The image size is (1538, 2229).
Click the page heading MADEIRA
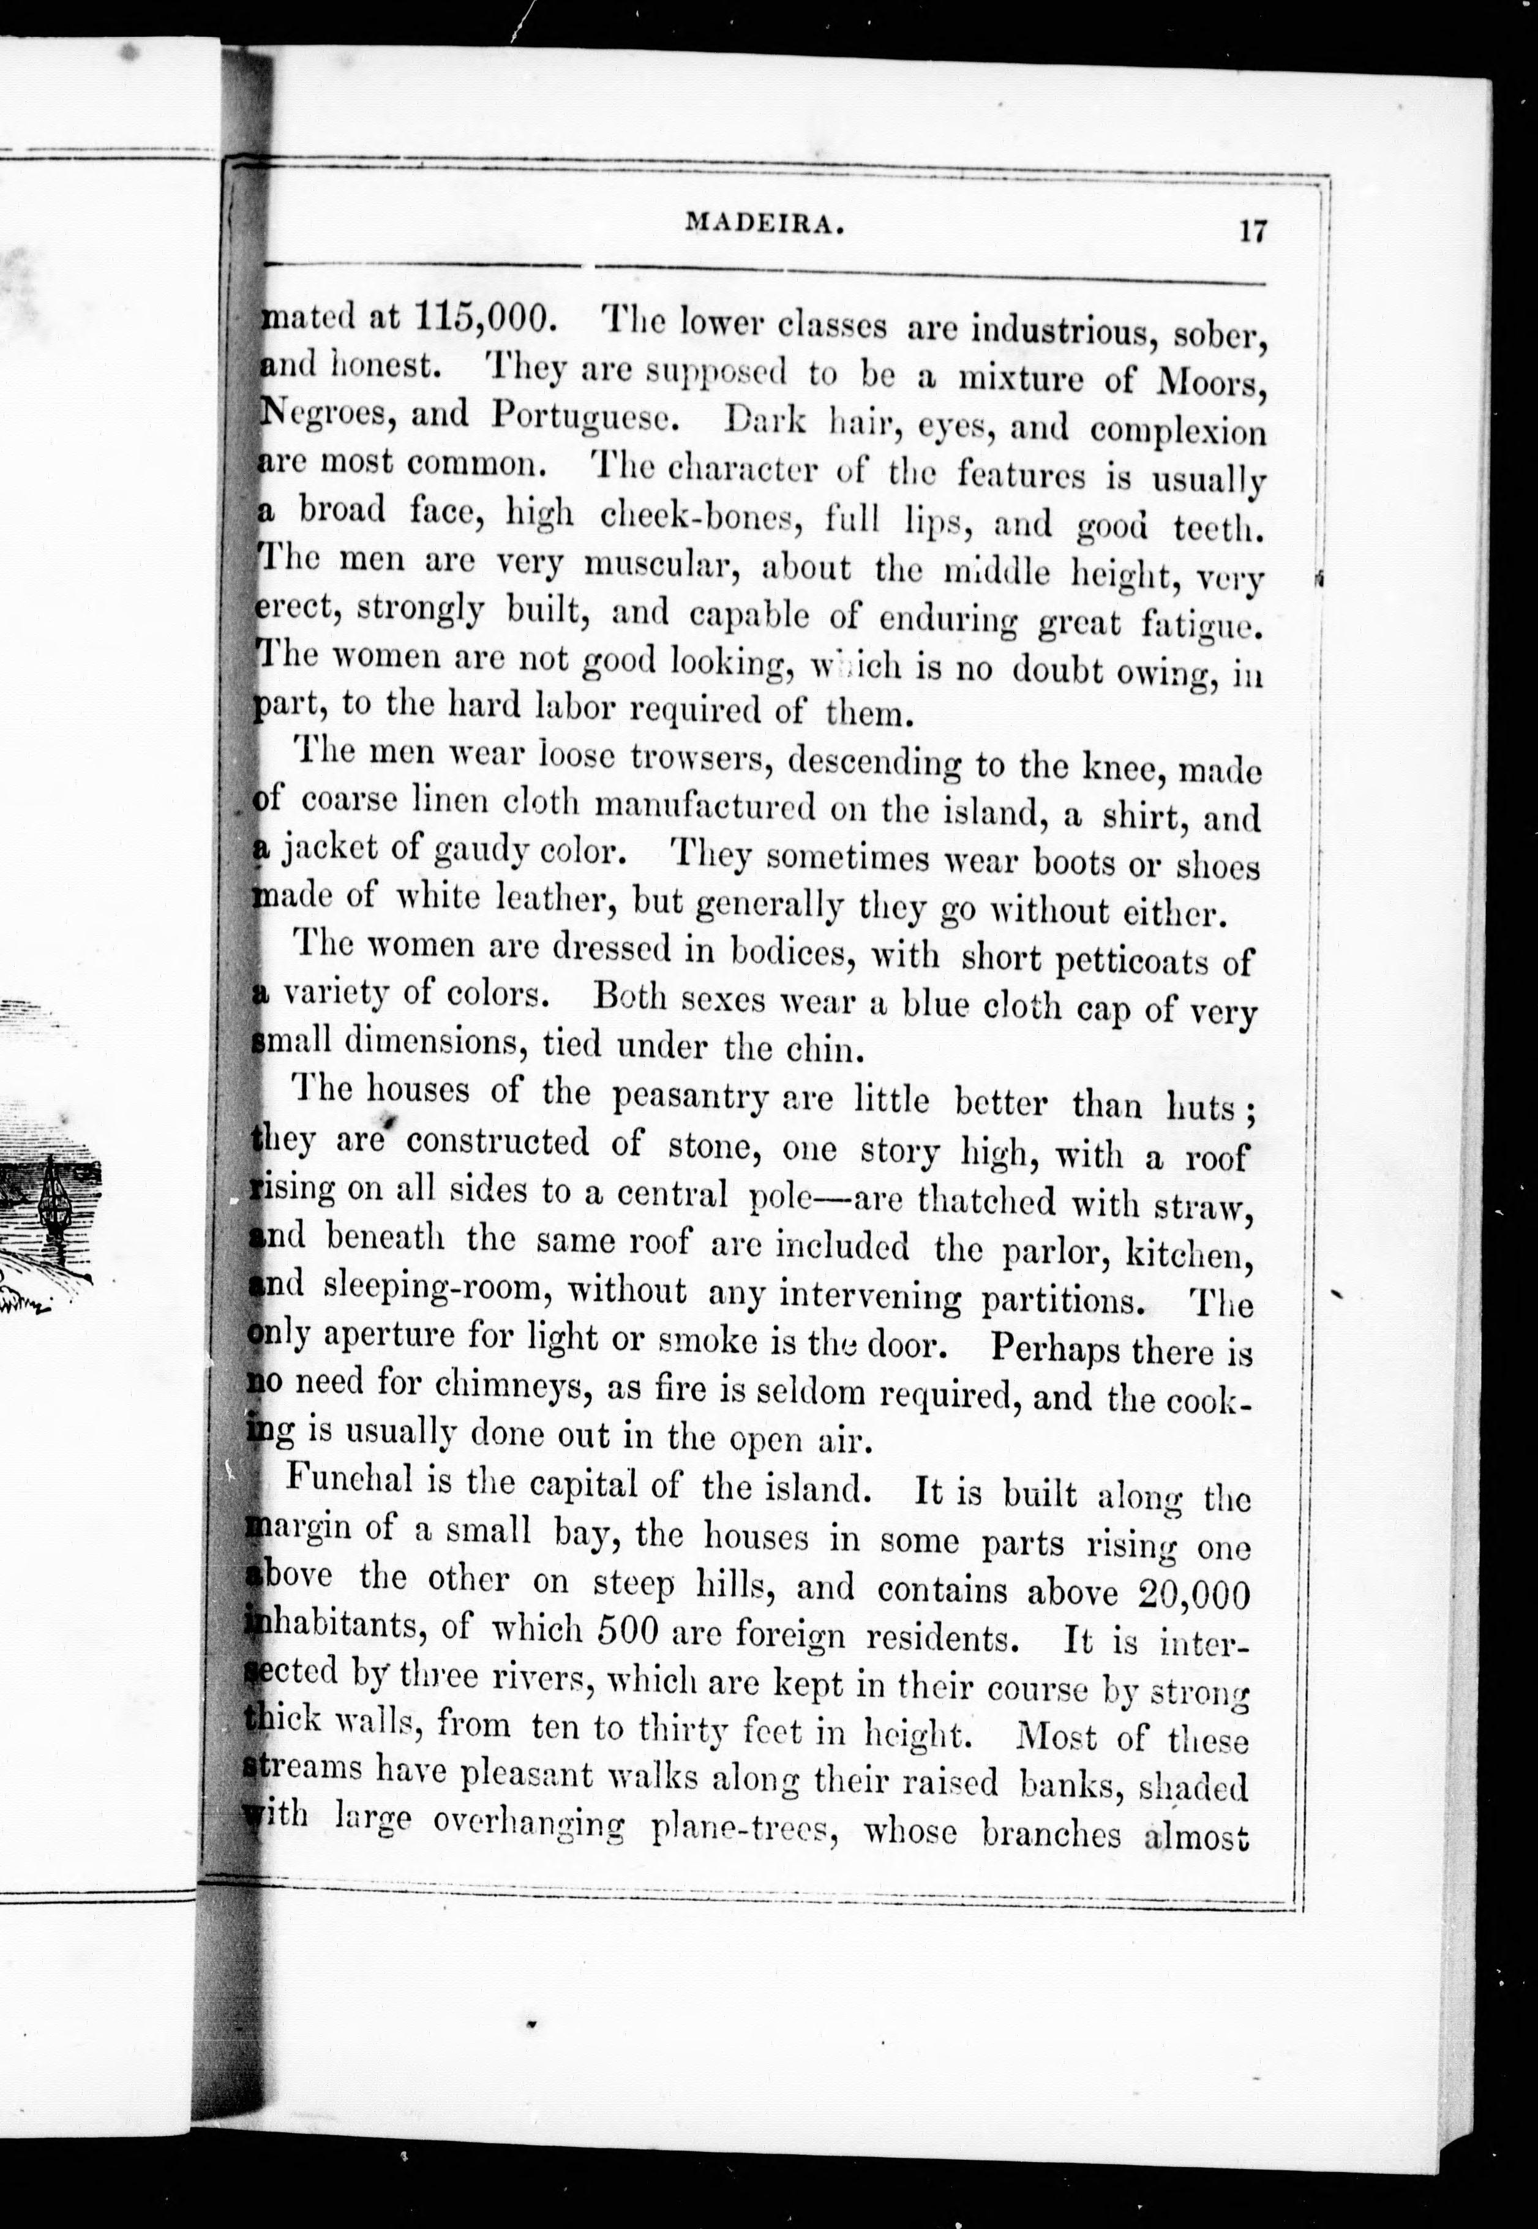coord(766,225)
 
